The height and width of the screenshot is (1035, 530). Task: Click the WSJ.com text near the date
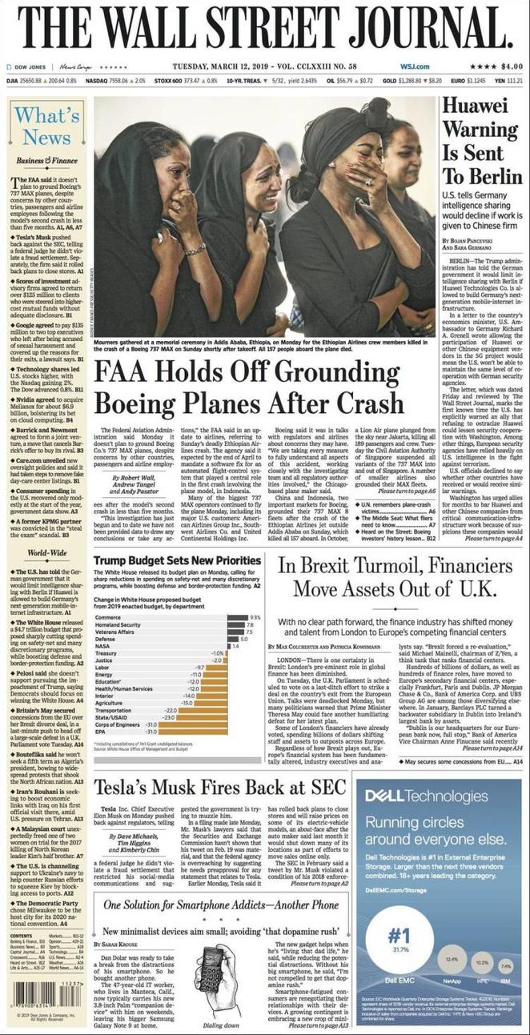pyautogui.click(x=416, y=66)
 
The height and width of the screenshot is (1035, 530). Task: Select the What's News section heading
pyautogui.click(x=46, y=125)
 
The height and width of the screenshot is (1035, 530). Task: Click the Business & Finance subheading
pyautogui.click(x=46, y=161)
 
